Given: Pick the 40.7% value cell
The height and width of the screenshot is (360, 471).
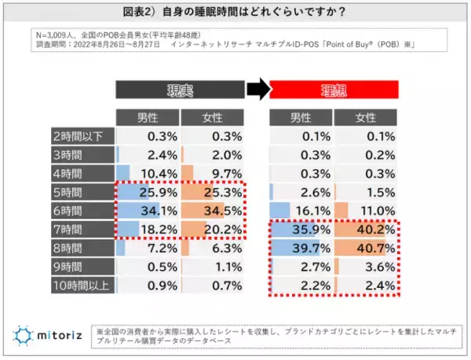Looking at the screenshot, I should (x=367, y=248).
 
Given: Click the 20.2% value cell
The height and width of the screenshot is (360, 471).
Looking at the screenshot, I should (x=212, y=228).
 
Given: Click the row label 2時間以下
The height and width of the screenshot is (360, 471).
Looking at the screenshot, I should (x=82, y=134).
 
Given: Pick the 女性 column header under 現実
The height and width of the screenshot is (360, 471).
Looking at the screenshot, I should (x=212, y=117).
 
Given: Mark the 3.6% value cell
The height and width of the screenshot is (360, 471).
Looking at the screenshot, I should (x=367, y=267).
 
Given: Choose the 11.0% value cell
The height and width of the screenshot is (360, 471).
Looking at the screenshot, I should (x=367, y=209).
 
